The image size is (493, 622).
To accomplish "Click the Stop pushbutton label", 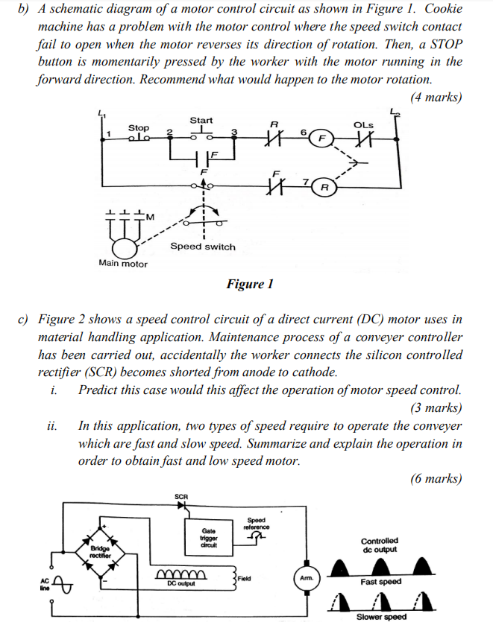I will click(139, 128).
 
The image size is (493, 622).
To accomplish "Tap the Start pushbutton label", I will click(201, 120).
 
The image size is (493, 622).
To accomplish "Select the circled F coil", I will click(322, 138).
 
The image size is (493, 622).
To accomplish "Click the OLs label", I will click(363, 124).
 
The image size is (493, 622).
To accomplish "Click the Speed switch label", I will click(202, 247).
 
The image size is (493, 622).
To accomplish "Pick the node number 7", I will click(306, 181).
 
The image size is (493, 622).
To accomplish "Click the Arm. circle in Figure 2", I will click(306, 577).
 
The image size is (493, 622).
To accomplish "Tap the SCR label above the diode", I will click(181, 495).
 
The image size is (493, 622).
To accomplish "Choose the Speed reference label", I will click(256, 524).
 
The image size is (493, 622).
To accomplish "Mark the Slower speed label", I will click(381, 616).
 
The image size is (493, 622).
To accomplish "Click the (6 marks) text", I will click(436, 479).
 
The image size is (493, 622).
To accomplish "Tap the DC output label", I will click(180, 583).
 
